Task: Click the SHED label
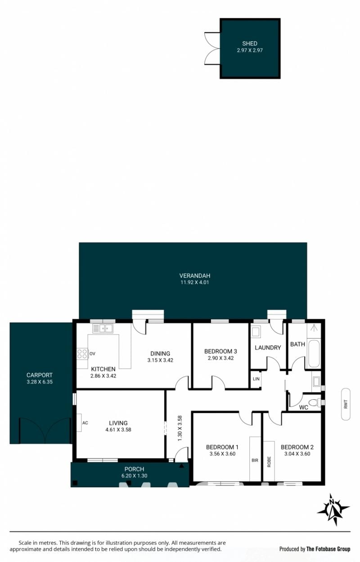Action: coord(250,44)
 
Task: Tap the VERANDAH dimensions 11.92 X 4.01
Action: coord(194,282)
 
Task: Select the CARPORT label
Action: coord(40,375)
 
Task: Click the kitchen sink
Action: coord(103,328)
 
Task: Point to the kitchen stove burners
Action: coord(82,354)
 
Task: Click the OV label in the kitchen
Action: coord(92,354)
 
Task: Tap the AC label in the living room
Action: coord(85,423)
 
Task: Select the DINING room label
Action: coord(160,353)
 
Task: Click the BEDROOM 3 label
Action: coord(220,351)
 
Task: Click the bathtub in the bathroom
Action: coord(314,354)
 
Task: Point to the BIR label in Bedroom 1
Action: coord(255,460)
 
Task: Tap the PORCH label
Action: coord(134,469)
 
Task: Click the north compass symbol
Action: coord(333,509)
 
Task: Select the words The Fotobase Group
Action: coord(328,549)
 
